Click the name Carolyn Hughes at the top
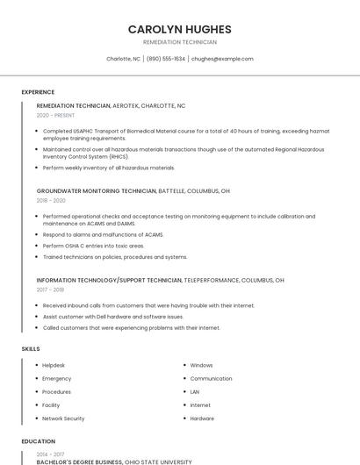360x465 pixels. (x=179, y=29)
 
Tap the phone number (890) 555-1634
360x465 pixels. (x=166, y=59)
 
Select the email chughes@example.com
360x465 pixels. (x=222, y=59)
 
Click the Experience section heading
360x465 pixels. (x=38, y=92)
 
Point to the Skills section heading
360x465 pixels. (x=31, y=349)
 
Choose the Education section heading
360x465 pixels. (x=39, y=441)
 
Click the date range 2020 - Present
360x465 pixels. (x=55, y=115)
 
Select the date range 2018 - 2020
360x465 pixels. (x=51, y=200)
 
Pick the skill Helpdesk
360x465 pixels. (x=54, y=365)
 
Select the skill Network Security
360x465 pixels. (x=63, y=418)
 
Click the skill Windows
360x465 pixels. (x=201, y=365)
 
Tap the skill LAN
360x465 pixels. (x=195, y=391)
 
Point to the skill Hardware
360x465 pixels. (x=202, y=418)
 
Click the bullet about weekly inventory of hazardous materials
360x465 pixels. (x=109, y=168)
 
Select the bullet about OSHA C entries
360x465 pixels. (x=93, y=246)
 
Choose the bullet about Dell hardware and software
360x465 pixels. (x=113, y=317)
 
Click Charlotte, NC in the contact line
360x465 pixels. (x=123, y=59)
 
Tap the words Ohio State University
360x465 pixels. (x=158, y=461)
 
